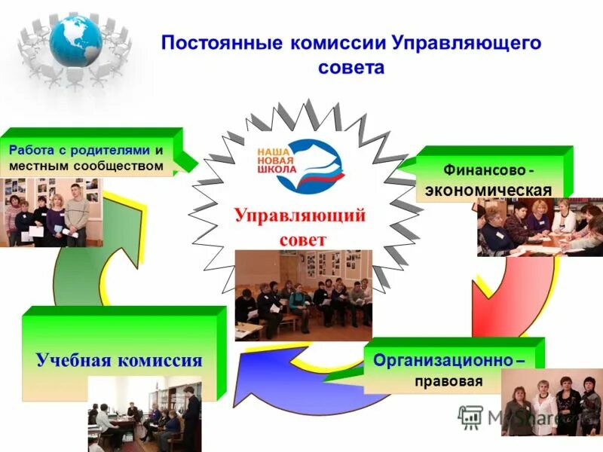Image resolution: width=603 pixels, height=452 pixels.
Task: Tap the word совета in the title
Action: [350, 68]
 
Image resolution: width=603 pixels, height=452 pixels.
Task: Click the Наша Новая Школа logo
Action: [299, 164]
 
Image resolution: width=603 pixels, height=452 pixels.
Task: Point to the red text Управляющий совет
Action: [299, 227]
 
